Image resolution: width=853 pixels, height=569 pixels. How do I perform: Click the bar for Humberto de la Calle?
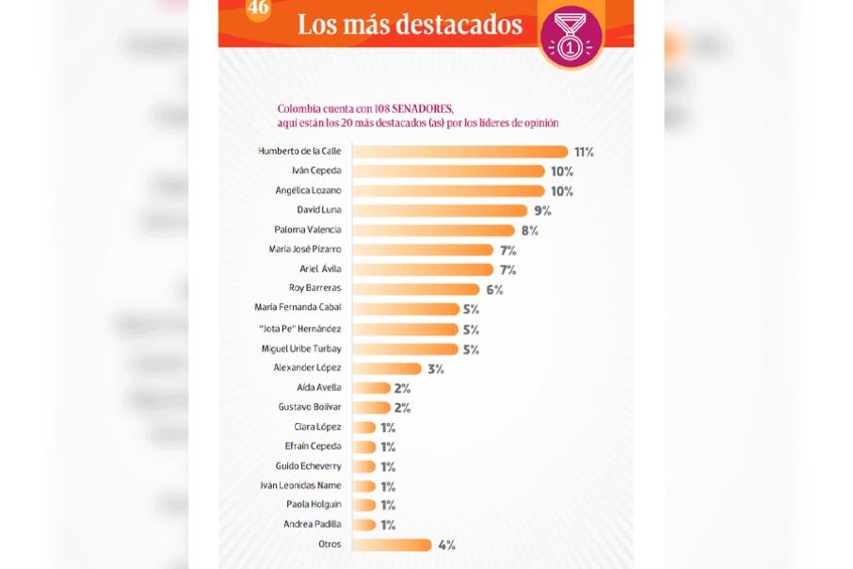click(x=459, y=152)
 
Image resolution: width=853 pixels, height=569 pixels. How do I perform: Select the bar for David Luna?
click(x=440, y=210)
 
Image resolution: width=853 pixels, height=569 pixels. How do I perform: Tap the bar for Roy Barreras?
click(x=415, y=289)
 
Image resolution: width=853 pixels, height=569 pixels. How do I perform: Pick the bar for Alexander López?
click(x=386, y=368)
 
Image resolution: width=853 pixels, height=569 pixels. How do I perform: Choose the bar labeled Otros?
click(x=392, y=545)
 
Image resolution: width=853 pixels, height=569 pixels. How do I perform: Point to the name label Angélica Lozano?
click(x=308, y=190)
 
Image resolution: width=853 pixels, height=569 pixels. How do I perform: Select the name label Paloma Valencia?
click(x=307, y=230)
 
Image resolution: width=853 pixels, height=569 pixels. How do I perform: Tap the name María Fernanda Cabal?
click(x=298, y=307)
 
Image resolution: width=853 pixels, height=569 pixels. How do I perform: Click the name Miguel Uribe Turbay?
click(x=301, y=349)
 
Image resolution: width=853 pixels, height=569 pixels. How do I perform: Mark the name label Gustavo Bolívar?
click(x=310, y=407)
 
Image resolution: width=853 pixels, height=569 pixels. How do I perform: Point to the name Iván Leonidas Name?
click(x=300, y=485)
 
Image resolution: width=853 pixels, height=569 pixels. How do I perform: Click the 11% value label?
click(x=584, y=152)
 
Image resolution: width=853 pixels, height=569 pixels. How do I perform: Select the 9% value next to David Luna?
click(x=542, y=211)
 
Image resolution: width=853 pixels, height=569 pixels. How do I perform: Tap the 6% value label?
click(x=494, y=290)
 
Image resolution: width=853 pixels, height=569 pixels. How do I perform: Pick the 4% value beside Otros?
click(x=446, y=545)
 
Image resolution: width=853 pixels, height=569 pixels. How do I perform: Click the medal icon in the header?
click(x=571, y=37)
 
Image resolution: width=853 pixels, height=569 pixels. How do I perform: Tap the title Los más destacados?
click(x=410, y=25)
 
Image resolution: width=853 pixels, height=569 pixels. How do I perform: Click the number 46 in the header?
click(x=258, y=8)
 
